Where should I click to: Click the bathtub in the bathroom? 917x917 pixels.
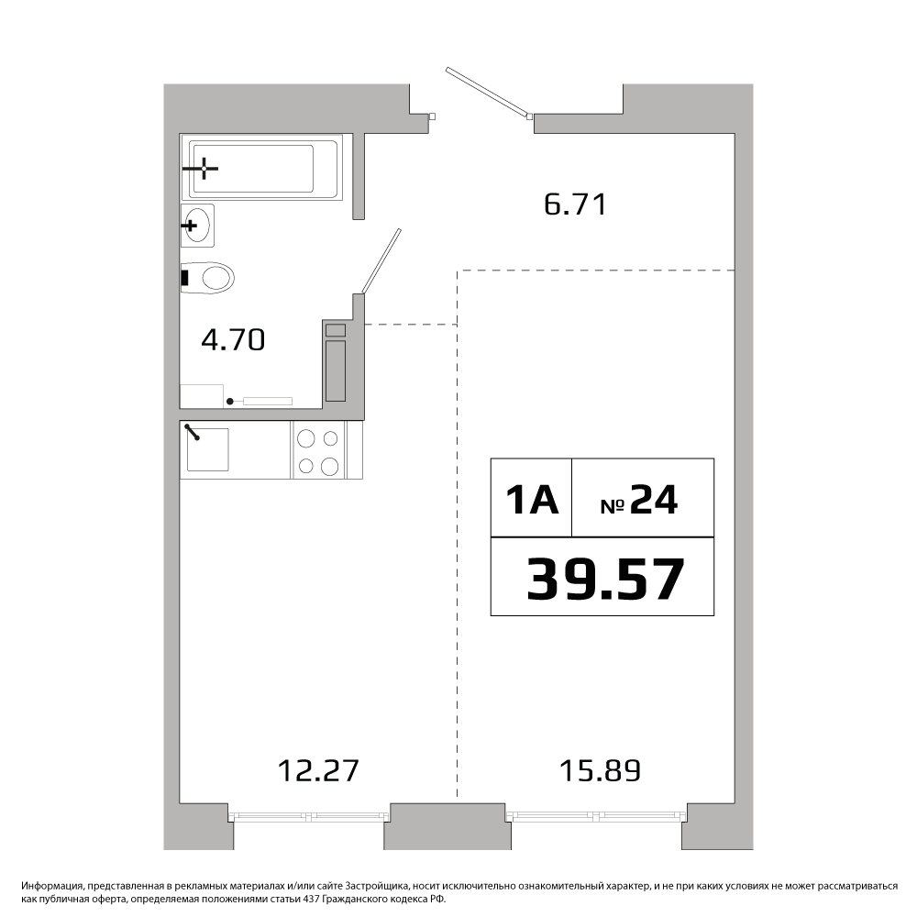pyautogui.click(x=260, y=167)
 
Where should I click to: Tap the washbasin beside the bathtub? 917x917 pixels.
pyautogui.click(x=197, y=226)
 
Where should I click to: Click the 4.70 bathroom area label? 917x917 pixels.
pyautogui.click(x=233, y=340)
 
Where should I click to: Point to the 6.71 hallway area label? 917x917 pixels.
pyautogui.click(x=576, y=204)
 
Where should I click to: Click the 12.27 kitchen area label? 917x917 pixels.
pyautogui.click(x=317, y=771)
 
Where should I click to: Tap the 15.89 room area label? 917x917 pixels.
pyautogui.click(x=600, y=771)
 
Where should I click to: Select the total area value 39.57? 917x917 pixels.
pyautogui.click(x=605, y=579)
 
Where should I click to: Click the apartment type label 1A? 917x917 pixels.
pyautogui.click(x=532, y=500)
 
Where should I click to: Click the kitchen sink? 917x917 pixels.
pyautogui.click(x=206, y=449)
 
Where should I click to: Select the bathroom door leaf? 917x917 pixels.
pyautogui.click(x=381, y=260)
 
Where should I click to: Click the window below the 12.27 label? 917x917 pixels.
pyautogui.click(x=308, y=817)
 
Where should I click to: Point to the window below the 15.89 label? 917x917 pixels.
pyautogui.click(x=596, y=817)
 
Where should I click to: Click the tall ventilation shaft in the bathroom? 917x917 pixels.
pyautogui.click(x=335, y=371)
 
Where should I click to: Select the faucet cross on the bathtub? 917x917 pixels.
pyautogui.click(x=204, y=169)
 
